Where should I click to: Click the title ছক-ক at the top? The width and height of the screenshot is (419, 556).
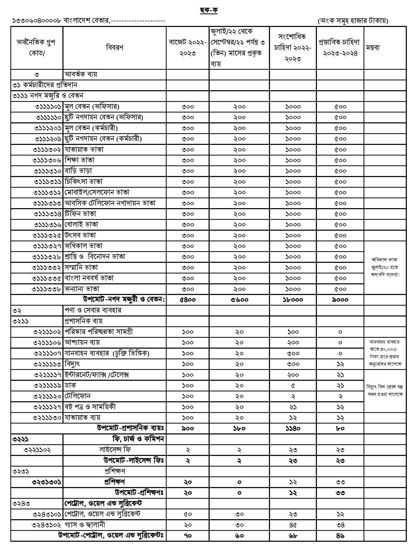[209, 10]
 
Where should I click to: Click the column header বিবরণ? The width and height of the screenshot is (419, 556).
[115, 47]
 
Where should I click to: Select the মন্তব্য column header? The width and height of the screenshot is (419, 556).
[373, 47]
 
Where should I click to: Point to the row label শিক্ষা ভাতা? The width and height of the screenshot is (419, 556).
[80, 160]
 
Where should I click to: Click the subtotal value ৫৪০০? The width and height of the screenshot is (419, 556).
[188, 300]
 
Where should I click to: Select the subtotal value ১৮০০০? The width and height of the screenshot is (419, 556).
[293, 300]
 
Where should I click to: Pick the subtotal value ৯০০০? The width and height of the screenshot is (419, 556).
[340, 300]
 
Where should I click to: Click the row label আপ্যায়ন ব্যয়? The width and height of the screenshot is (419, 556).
[82, 342]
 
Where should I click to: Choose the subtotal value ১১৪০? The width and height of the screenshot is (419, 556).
[293, 428]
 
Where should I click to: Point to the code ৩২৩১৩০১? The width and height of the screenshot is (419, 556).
[46, 482]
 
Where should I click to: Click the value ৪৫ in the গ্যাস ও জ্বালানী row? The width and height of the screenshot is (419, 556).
[293, 525]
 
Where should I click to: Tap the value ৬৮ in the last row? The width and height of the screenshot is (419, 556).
[293, 536]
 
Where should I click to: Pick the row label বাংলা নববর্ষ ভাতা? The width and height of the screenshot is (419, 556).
[89, 278]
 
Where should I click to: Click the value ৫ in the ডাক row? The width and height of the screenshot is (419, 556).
[293, 386]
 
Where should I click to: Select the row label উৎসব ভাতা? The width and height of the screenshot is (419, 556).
[80, 235]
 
